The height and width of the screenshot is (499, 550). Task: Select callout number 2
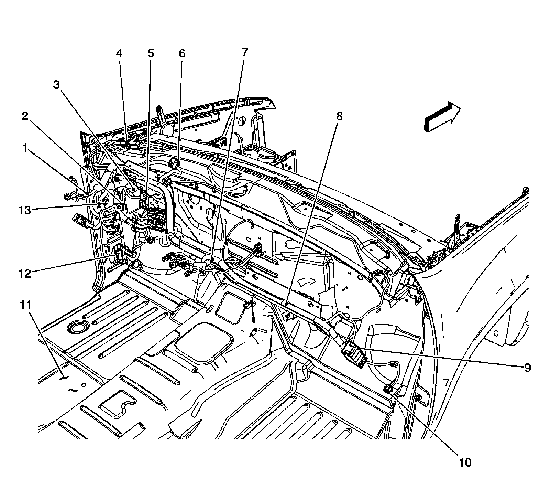[x=25, y=116]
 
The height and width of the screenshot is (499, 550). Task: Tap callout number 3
[x=57, y=85]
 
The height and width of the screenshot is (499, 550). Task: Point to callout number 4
[x=119, y=54]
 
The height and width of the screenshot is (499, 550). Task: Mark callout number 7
[x=244, y=52]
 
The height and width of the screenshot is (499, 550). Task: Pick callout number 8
[x=339, y=116]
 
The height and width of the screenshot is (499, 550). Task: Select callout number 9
[x=527, y=368]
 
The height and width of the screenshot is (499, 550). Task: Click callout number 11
[x=26, y=305]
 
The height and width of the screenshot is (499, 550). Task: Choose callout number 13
[x=25, y=210]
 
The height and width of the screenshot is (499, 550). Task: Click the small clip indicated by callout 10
[x=388, y=389]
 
